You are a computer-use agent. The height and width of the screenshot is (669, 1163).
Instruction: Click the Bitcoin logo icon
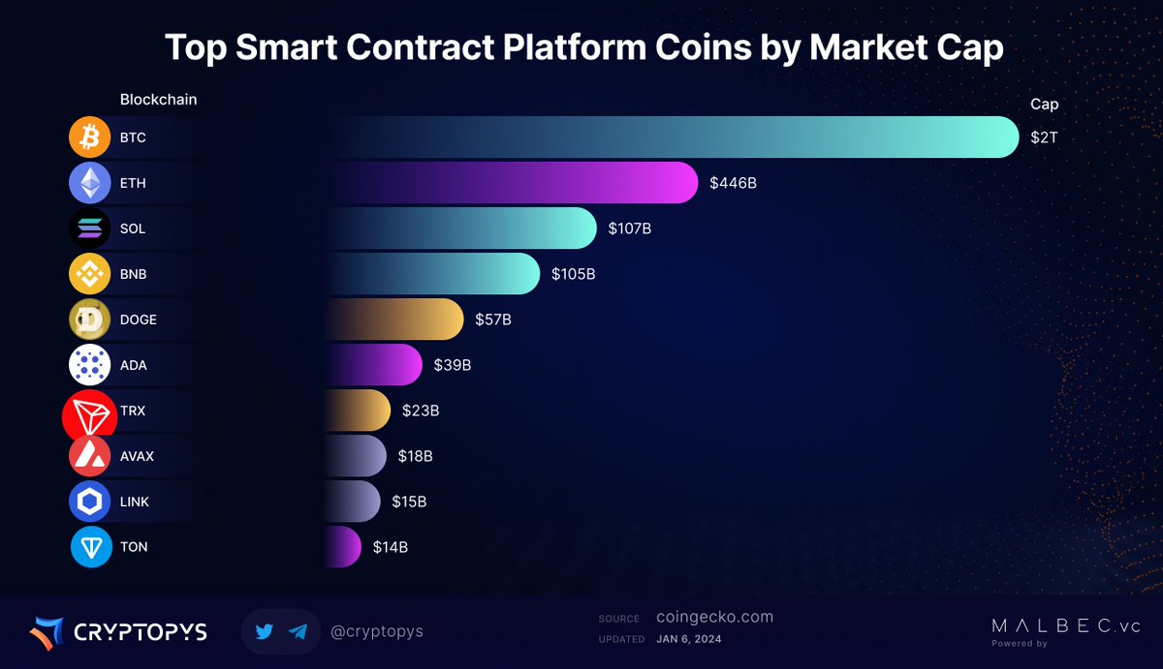pos(90,137)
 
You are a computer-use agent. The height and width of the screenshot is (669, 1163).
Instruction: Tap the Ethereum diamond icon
pos(90,183)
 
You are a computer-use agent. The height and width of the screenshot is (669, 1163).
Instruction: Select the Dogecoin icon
pos(90,319)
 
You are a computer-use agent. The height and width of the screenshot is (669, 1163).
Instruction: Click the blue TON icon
pos(90,547)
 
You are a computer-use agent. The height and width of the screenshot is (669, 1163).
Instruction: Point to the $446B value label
pos(733,183)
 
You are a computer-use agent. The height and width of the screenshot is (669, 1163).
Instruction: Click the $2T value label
pos(1044,137)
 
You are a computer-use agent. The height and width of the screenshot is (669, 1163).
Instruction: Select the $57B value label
pos(493,319)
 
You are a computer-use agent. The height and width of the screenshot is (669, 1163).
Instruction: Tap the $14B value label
pos(391,547)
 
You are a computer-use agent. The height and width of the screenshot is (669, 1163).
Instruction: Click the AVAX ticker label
pos(137,456)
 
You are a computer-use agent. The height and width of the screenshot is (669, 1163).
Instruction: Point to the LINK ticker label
pos(135,502)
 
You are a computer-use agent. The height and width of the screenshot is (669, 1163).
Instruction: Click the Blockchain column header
pos(158,100)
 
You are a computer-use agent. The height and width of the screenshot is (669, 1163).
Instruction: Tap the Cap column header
pos(1044,105)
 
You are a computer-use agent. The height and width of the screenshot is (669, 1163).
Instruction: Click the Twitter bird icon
pos(265,631)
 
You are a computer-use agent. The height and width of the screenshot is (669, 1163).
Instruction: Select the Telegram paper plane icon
pos(298,631)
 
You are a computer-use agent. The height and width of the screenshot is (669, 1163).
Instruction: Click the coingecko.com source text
pos(714,617)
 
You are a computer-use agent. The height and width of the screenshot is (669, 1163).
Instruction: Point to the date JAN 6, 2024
pos(688,639)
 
